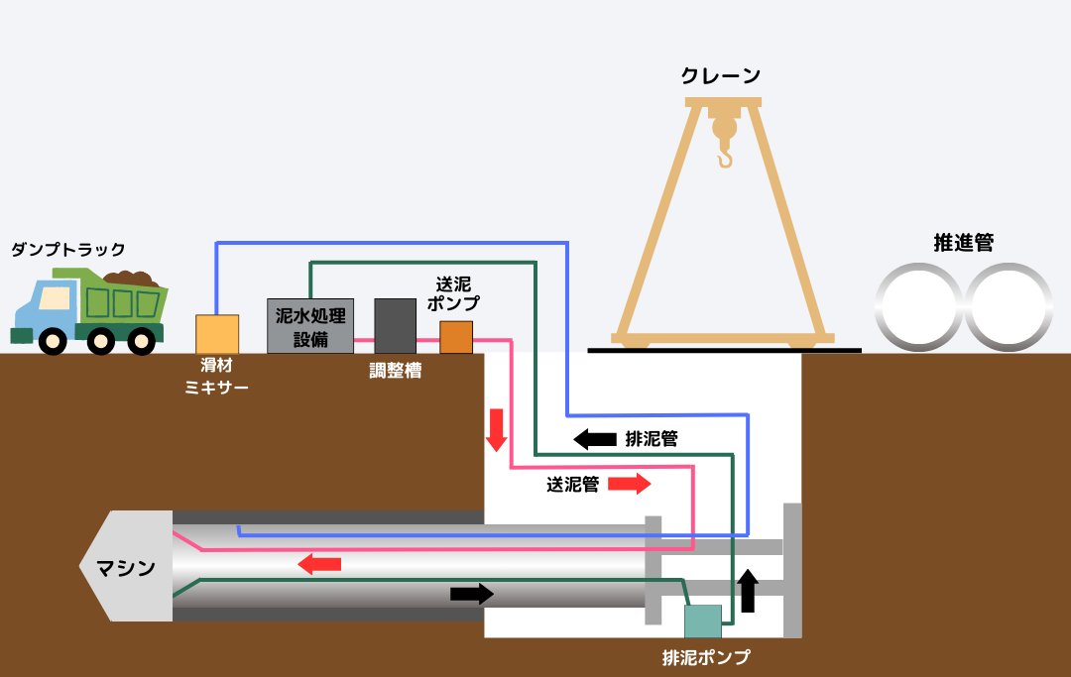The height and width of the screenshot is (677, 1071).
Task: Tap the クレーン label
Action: [x=721, y=75]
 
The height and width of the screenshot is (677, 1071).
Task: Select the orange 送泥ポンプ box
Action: [x=456, y=337]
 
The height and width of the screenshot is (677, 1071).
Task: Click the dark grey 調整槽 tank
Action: [x=395, y=325]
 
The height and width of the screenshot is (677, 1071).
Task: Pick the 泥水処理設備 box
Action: [x=310, y=325]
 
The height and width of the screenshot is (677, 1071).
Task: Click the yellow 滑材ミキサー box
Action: [x=217, y=334]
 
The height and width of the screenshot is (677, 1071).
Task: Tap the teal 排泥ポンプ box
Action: [x=703, y=621]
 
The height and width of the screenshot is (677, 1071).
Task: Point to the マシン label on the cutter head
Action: [x=126, y=568]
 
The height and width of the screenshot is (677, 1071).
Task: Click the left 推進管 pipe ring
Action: [x=917, y=306]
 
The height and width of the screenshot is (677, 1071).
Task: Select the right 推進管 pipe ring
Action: [x=1009, y=306]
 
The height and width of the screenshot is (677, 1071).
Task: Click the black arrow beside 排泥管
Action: [x=595, y=438]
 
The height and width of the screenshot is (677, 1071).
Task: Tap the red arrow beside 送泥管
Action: [x=630, y=484]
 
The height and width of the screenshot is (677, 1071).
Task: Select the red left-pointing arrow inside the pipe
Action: [x=319, y=564]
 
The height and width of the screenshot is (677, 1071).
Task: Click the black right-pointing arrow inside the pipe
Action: [x=471, y=594]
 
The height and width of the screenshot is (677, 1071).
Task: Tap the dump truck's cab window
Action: [x=56, y=297]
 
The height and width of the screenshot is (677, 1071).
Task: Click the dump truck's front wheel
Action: [x=52, y=341]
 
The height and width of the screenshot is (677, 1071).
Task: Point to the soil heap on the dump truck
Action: [x=128, y=281]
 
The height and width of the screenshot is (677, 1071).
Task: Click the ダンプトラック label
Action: [x=68, y=250]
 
